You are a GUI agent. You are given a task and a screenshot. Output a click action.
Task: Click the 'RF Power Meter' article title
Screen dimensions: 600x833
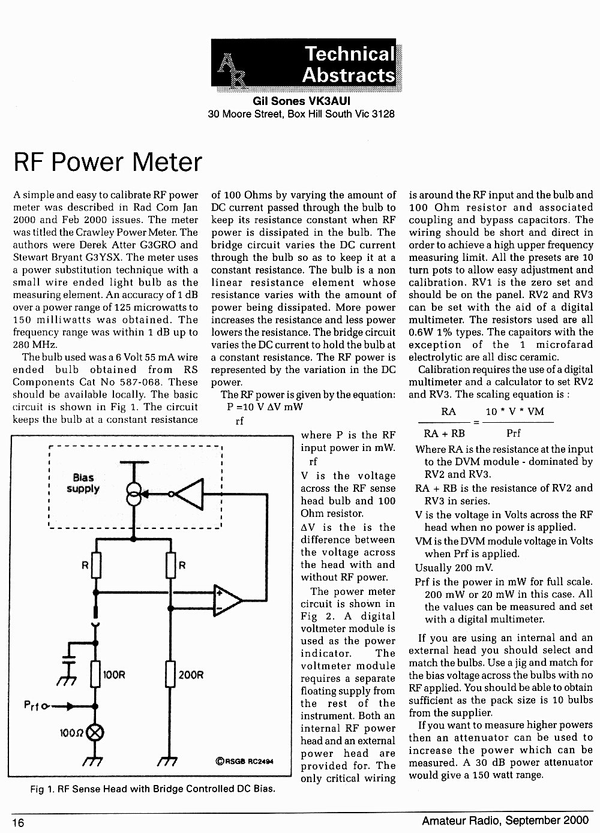point(107,162)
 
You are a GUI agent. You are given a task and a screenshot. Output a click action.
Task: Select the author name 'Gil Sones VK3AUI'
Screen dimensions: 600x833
point(301,101)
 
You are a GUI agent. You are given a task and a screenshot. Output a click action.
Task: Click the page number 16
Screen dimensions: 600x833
point(18,822)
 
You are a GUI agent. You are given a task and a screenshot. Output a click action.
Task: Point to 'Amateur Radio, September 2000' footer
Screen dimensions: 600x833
point(506,820)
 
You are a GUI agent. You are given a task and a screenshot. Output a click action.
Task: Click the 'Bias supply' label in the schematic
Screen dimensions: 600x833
point(83,483)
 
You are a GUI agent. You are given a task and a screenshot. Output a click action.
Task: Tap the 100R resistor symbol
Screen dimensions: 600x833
point(95,674)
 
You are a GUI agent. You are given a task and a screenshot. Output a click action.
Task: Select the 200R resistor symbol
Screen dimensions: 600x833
point(170,674)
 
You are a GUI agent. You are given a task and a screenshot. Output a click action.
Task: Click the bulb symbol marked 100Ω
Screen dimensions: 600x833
point(95,733)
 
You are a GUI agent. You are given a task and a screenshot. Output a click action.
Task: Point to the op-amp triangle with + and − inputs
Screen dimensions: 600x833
point(227,600)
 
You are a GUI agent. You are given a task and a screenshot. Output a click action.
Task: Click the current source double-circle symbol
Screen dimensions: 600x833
point(134,494)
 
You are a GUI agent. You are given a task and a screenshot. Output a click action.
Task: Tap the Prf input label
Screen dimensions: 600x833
point(32,705)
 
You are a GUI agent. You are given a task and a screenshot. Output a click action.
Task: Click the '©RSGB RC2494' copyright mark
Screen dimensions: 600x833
point(244,761)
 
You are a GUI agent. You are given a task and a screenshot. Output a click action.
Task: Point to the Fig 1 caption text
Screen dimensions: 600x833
point(153,789)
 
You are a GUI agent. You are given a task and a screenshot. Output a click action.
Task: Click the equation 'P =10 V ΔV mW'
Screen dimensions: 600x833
point(265,407)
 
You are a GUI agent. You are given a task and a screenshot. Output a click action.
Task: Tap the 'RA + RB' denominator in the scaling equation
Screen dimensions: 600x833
point(444,433)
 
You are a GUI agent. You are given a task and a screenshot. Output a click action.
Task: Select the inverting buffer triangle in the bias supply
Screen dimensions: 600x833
point(189,494)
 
